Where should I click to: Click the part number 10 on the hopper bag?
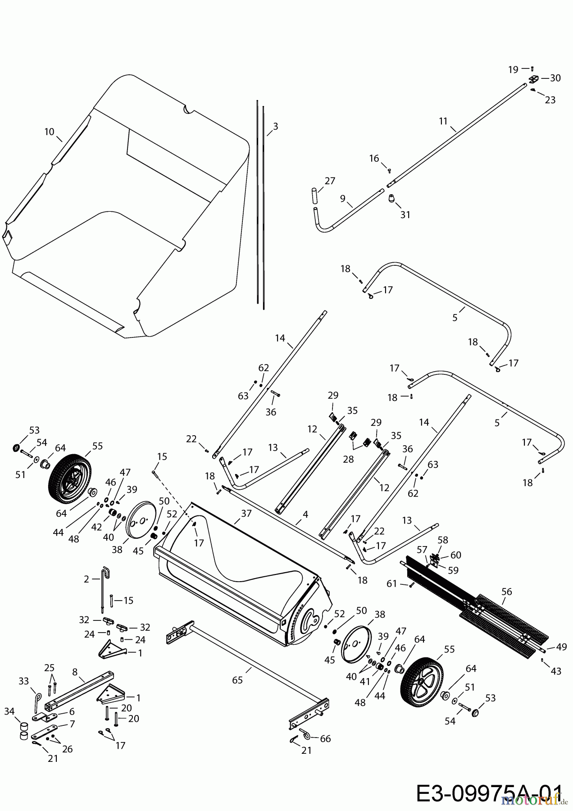(x=49, y=132)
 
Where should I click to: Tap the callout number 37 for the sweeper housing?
(x=246, y=513)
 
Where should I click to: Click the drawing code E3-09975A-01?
(x=489, y=793)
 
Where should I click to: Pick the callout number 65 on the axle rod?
(x=237, y=680)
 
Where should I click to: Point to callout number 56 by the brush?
(x=507, y=592)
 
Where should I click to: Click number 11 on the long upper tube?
(x=443, y=121)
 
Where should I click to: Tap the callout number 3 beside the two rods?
(x=275, y=127)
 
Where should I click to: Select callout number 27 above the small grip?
(x=330, y=181)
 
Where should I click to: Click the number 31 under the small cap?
(x=405, y=215)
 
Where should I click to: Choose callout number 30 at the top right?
(x=555, y=78)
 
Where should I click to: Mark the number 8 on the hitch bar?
(x=76, y=672)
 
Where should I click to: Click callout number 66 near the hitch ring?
(x=325, y=738)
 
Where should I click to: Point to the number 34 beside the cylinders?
(x=9, y=711)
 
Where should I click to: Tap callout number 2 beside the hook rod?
(x=86, y=579)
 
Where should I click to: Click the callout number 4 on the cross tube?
(x=305, y=514)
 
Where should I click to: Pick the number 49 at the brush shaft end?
(x=561, y=647)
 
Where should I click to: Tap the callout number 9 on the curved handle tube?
(x=343, y=198)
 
